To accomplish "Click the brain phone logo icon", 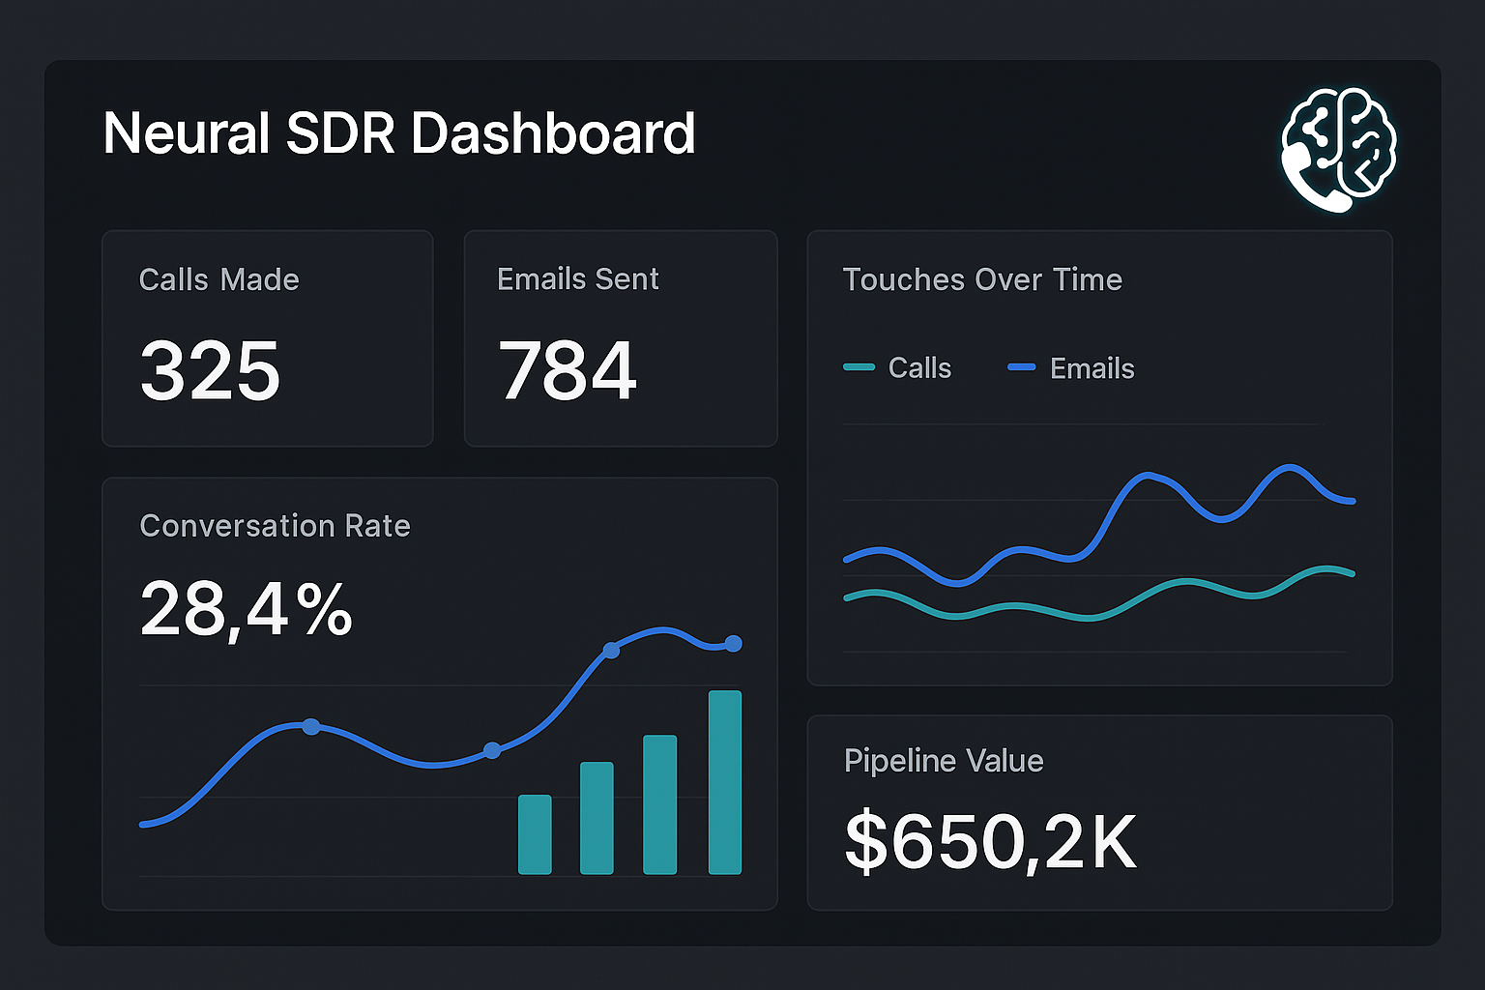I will [1339, 148].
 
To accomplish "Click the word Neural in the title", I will [186, 133].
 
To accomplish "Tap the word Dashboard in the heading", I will [553, 133].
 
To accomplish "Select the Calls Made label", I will [218, 279].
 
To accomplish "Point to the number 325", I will [210, 371].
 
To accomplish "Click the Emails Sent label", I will [577, 279].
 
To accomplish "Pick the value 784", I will [567, 371].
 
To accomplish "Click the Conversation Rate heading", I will [275, 526].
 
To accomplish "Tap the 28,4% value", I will [246, 609].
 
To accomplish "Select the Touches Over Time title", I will [982, 279].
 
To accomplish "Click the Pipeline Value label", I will [944, 761].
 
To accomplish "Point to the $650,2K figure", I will [990, 842].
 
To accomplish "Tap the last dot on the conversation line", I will [733, 643].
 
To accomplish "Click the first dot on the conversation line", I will [310, 726].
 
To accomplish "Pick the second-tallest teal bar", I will [659, 803].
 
